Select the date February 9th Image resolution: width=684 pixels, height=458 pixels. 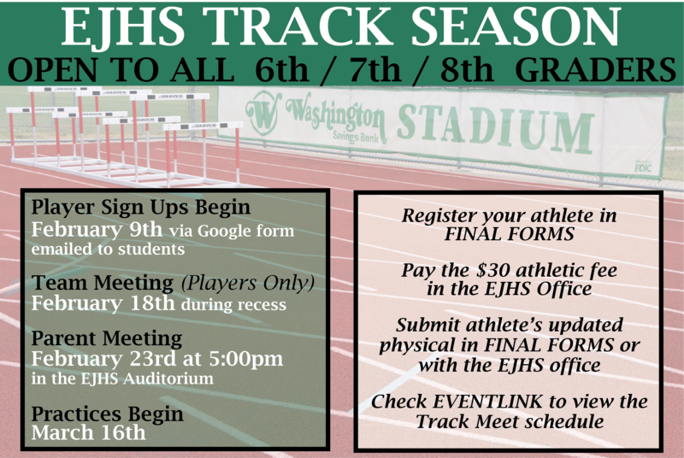(87, 230)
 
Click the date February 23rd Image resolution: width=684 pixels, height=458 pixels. (95, 356)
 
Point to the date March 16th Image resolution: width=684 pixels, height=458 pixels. (88, 432)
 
